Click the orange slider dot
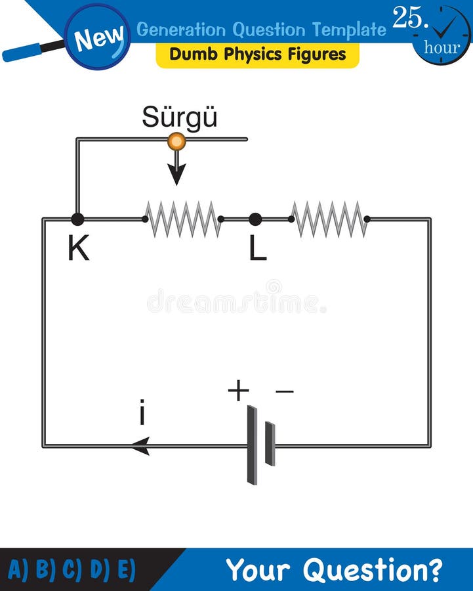(176, 141)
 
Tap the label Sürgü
(179, 118)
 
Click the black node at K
(77, 219)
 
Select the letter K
(78, 249)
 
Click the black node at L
(255, 219)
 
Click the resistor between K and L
(182, 219)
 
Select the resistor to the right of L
(329, 219)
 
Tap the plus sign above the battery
(238, 391)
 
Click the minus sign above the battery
(284, 392)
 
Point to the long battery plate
(252, 445)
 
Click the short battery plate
(270, 445)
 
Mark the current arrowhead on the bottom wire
(140, 446)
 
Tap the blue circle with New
(98, 37)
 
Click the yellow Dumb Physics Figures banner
(257, 55)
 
